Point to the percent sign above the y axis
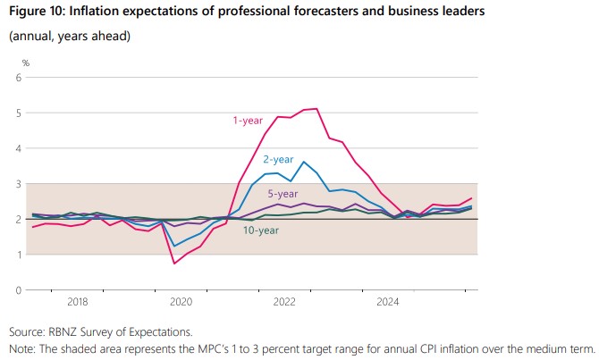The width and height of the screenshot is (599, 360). (26, 63)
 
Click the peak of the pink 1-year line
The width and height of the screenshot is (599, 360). (316, 109)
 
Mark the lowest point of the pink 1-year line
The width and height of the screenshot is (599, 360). (174, 264)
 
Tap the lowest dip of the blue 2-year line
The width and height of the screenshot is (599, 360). (174, 247)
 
